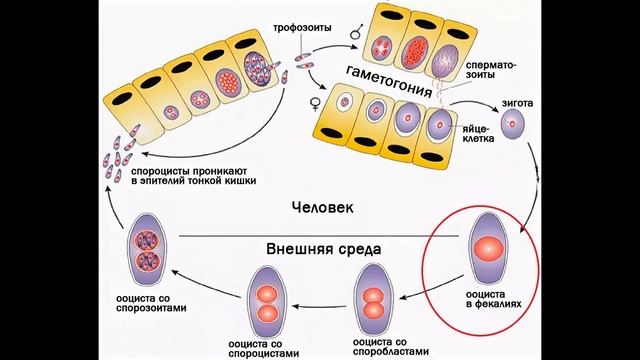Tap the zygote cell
[x=516, y=129]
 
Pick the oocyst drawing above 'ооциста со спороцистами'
[x=267, y=301]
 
